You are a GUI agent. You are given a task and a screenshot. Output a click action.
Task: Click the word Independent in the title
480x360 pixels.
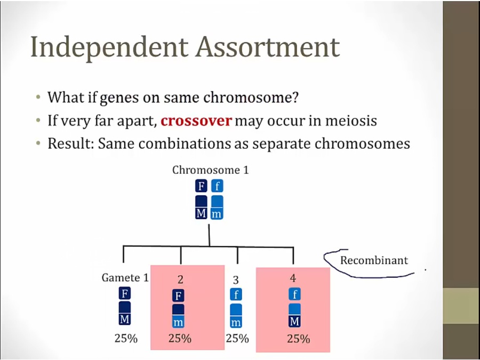tap(109, 47)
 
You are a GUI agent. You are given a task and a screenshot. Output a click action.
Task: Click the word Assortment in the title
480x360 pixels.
tap(268, 46)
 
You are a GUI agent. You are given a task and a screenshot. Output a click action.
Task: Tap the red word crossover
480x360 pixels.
tap(196, 121)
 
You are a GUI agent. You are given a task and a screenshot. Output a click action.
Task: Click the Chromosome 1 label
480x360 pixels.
tap(211, 170)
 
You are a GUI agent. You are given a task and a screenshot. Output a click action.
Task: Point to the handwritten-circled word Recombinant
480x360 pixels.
tap(374, 260)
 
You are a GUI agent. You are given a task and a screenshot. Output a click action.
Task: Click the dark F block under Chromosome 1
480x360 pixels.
tap(201, 186)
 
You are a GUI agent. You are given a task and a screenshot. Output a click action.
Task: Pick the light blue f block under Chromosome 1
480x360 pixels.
tap(217, 186)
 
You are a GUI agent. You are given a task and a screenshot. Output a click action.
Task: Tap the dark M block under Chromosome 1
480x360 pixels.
tap(201, 213)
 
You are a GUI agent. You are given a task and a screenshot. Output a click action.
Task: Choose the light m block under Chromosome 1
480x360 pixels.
tap(217, 213)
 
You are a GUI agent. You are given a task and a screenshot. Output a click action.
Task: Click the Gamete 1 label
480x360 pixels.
tap(125, 277)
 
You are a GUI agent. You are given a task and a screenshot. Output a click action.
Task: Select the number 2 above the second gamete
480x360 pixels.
tap(180, 279)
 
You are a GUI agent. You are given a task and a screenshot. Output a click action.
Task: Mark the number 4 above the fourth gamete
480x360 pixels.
tap(293, 278)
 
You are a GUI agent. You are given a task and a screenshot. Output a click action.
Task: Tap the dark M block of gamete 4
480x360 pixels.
tap(294, 321)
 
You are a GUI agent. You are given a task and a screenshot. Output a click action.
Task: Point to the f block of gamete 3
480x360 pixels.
tap(236, 294)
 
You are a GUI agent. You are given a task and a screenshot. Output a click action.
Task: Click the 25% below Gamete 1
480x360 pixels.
tap(126, 338)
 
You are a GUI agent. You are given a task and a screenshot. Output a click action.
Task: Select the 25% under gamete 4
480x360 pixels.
tap(299, 339)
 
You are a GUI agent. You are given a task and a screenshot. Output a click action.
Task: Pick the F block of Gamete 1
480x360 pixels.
tap(125, 293)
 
